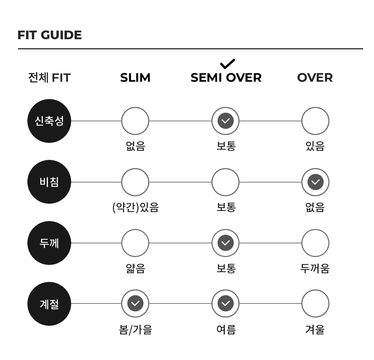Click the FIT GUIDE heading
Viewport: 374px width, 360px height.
coord(50,35)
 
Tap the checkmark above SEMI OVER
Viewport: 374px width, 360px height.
coord(228,64)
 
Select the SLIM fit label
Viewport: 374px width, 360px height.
coord(135,78)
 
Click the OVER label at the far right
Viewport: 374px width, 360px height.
coord(315,78)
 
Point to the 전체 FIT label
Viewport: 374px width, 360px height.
coord(49,78)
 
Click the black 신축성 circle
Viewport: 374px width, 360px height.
coord(49,121)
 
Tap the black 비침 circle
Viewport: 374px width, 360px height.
coord(49,182)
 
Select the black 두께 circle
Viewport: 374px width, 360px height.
coord(49,243)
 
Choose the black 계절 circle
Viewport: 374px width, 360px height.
coord(49,304)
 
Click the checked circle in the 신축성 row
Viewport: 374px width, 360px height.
coord(225,121)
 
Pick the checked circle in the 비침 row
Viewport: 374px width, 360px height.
coord(315,182)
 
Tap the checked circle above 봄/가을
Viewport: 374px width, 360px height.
coord(135,303)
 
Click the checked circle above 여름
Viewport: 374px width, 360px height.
coord(225,303)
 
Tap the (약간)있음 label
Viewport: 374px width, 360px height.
coord(136,207)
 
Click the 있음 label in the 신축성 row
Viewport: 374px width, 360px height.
coord(315,146)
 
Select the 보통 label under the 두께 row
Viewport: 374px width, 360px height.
coord(226,268)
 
